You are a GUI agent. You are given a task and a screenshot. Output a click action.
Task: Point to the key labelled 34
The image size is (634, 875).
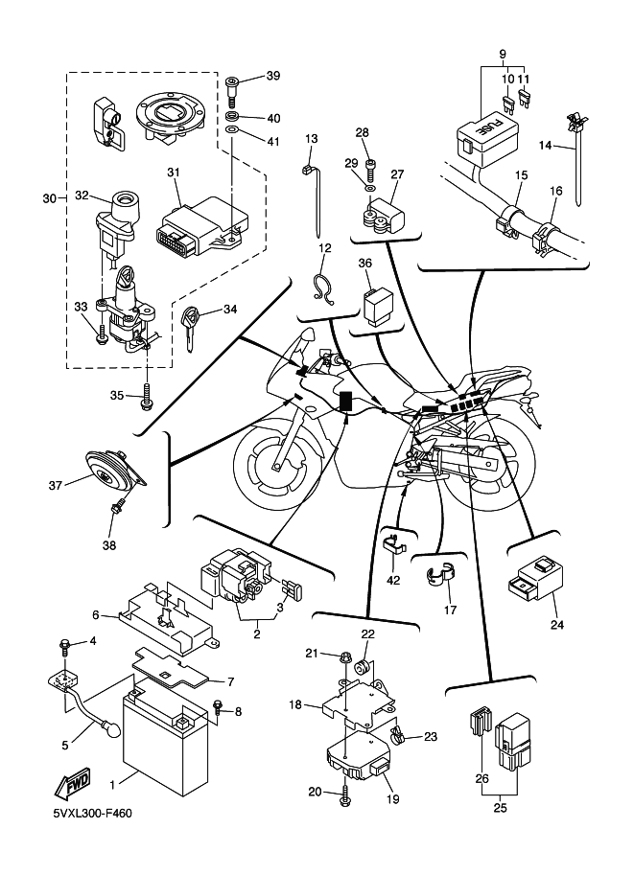pyautogui.click(x=195, y=321)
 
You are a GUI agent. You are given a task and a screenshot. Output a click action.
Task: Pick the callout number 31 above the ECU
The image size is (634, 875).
pyautogui.click(x=174, y=173)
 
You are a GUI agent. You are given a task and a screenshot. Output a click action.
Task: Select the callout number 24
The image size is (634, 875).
pyautogui.click(x=557, y=625)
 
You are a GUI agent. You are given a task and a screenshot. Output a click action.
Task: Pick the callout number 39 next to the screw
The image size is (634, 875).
pyautogui.click(x=273, y=76)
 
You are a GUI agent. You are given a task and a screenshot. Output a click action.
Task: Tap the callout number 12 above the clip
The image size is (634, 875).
pyautogui.click(x=325, y=248)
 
